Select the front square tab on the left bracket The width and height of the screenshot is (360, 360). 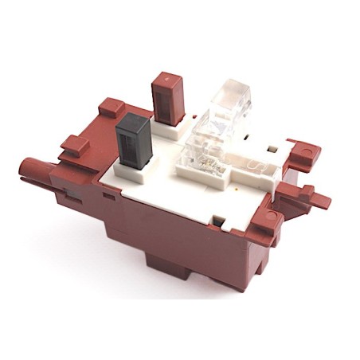[x=74, y=145]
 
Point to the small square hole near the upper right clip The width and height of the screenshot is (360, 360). [x=273, y=149]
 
